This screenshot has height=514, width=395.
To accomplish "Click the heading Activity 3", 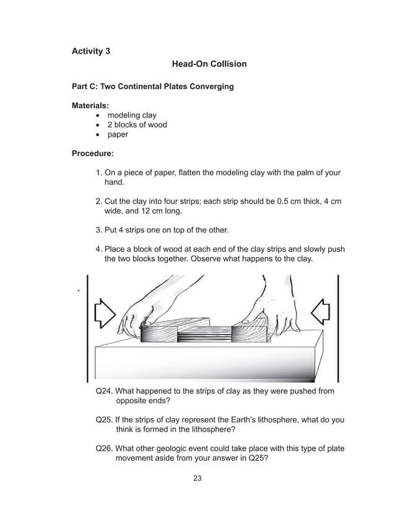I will pyautogui.click(x=91, y=51).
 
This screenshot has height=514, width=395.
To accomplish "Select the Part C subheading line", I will pyautogui.click(x=153, y=87).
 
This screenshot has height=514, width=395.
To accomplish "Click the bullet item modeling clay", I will pyautogui.click(x=132, y=115).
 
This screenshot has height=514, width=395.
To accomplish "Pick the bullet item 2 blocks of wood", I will pyautogui.click(x=137, y=124).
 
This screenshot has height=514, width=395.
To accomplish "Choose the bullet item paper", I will pyautogui.click(x=118, y=134).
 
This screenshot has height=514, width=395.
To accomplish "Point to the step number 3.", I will pyautogui.click(x=99, y=230).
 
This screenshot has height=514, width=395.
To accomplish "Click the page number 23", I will pyautogui.click(x=197, y=478).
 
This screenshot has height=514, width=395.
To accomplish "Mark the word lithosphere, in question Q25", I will pyautogui.click(x=274, y=419).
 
